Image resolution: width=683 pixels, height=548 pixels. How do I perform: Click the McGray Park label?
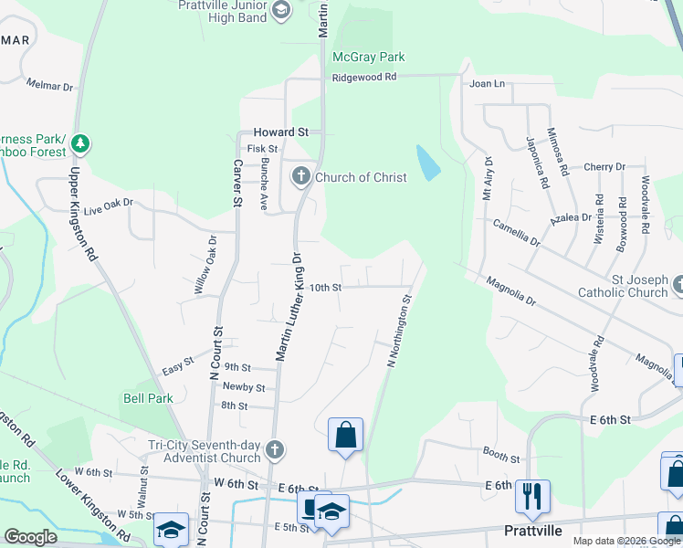tap(368, 57)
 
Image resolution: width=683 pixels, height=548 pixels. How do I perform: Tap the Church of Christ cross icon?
tap(301, 176)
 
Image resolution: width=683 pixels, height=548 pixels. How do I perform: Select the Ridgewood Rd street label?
tap(364, 78)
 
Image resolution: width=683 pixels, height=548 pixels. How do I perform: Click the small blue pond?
tap(426, 162)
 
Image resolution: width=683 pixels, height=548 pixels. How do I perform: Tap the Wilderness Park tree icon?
tap(80, 143)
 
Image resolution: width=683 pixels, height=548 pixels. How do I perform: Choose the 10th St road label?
tap(325, 287)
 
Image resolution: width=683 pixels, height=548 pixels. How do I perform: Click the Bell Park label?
tap(148, 398)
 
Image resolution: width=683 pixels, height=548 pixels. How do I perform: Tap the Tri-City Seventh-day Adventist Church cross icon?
tap(274, 450)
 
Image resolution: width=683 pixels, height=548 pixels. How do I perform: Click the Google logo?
tap(30, 537)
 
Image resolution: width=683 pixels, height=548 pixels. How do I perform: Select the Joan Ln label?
tap(487, 84)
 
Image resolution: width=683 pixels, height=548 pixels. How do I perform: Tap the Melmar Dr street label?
tap(49, 86)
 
